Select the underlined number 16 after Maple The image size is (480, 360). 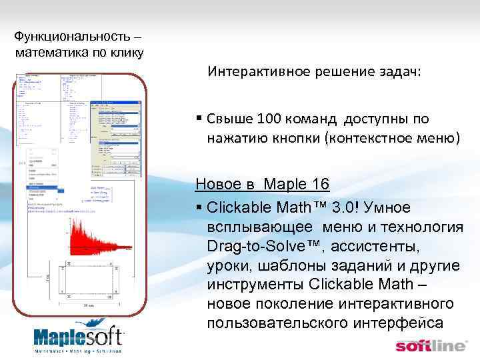[x=317, y=183]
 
